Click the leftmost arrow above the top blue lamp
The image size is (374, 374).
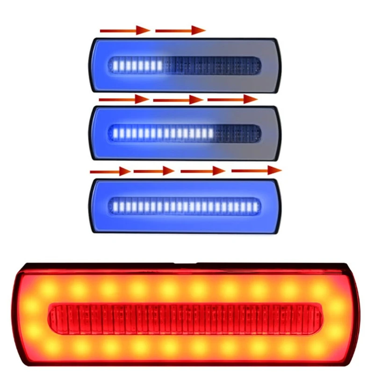pyautogui.click(x=124, y=31)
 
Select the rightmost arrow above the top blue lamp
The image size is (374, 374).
pyautogui.click(x=180, y=31)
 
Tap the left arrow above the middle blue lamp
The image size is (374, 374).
pyautogui.click(x=123, y=99)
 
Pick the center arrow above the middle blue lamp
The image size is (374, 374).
pyautogui.click(x=178, y=100)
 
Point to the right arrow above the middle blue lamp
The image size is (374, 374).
pyautogui.click(x=232, y=99)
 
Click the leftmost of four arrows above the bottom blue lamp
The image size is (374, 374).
pyautogui.click(x=110, y=171)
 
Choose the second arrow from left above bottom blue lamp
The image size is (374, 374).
pyautogui.click(x=154, y=171)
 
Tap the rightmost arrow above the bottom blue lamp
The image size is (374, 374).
pyautogui.click(x=256, y=170)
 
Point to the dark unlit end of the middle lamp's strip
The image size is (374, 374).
pyautogui.click(x=236, y=133)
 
